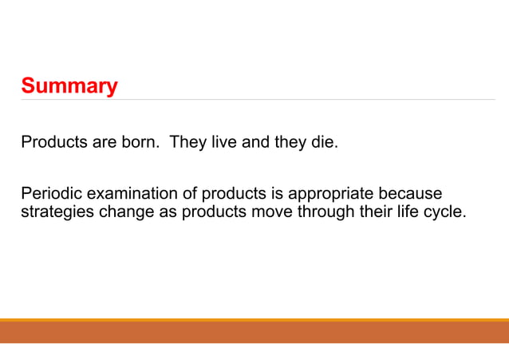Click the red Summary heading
coord(69,85)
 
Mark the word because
coord(411,195)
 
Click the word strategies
coord(52,213)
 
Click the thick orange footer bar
coord(254,332)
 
